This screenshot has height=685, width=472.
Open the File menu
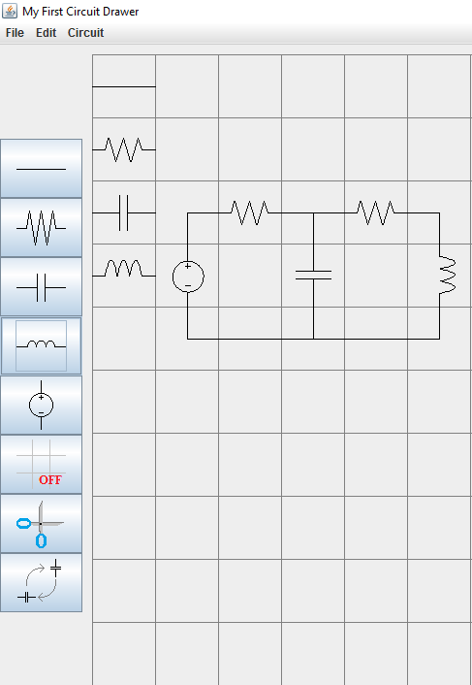point(15,33)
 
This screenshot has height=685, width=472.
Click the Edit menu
point(46,33)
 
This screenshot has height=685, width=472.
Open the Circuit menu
point(85,33)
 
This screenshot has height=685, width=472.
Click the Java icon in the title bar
point(10,11)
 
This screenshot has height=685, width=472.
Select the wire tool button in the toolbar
point(41,169)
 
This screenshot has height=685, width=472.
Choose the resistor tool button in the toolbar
point(41,228)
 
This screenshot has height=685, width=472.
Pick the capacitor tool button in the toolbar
point(41,287)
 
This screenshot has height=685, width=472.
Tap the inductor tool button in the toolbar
point(41,346)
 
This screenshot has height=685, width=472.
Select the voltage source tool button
point(41,406)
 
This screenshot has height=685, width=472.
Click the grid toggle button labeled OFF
point(41,465)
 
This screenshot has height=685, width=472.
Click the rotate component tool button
point(41,583)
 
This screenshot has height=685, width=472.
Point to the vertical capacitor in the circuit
point(313,276)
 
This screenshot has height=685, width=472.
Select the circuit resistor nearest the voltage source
point(250,212)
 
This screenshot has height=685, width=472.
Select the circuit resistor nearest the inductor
point(376,212)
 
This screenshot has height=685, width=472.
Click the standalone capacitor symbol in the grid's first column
point(124,212)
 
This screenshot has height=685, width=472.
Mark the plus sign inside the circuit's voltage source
point(188,266)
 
